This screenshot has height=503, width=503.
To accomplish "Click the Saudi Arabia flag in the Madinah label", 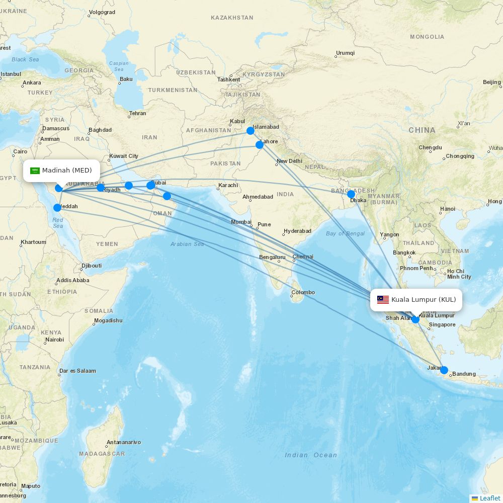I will click(x=35, y=171).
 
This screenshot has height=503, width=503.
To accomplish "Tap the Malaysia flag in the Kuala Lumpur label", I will click(x=383, y=300).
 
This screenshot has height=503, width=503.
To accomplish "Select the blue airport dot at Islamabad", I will click(x=250, y=131).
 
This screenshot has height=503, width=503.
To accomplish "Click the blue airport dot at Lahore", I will click(x=260, y=145).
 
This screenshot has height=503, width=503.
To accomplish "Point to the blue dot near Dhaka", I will click(x=351, y=194).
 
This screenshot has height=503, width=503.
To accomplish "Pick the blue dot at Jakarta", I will click(x=444, y=370).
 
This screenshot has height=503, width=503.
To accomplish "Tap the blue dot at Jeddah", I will click(x=57, y=208).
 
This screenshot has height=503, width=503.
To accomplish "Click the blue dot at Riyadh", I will click(x=101, y=188).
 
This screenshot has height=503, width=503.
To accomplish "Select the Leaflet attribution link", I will click(x=489, y=498).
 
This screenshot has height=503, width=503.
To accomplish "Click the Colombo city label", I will click(x=303, y=292).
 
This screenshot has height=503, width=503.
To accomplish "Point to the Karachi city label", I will click(x=228, y=185).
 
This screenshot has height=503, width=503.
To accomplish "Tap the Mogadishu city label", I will click(x=108, y=320).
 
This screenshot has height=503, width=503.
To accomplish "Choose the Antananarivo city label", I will click(x=124, y=443).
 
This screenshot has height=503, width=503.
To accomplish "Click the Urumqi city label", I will click(x=345, y=53).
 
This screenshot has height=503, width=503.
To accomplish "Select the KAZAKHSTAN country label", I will click(x=232, y=18).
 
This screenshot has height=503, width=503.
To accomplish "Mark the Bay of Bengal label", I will click(x=345, y=233).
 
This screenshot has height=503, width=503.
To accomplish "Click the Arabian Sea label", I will click(x=187, y=244).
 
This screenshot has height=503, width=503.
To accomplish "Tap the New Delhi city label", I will click(x=289, y=161).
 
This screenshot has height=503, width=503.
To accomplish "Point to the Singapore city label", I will click(x=442, y=324).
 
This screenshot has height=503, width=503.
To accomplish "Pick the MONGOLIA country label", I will click(x=427, y=37).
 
